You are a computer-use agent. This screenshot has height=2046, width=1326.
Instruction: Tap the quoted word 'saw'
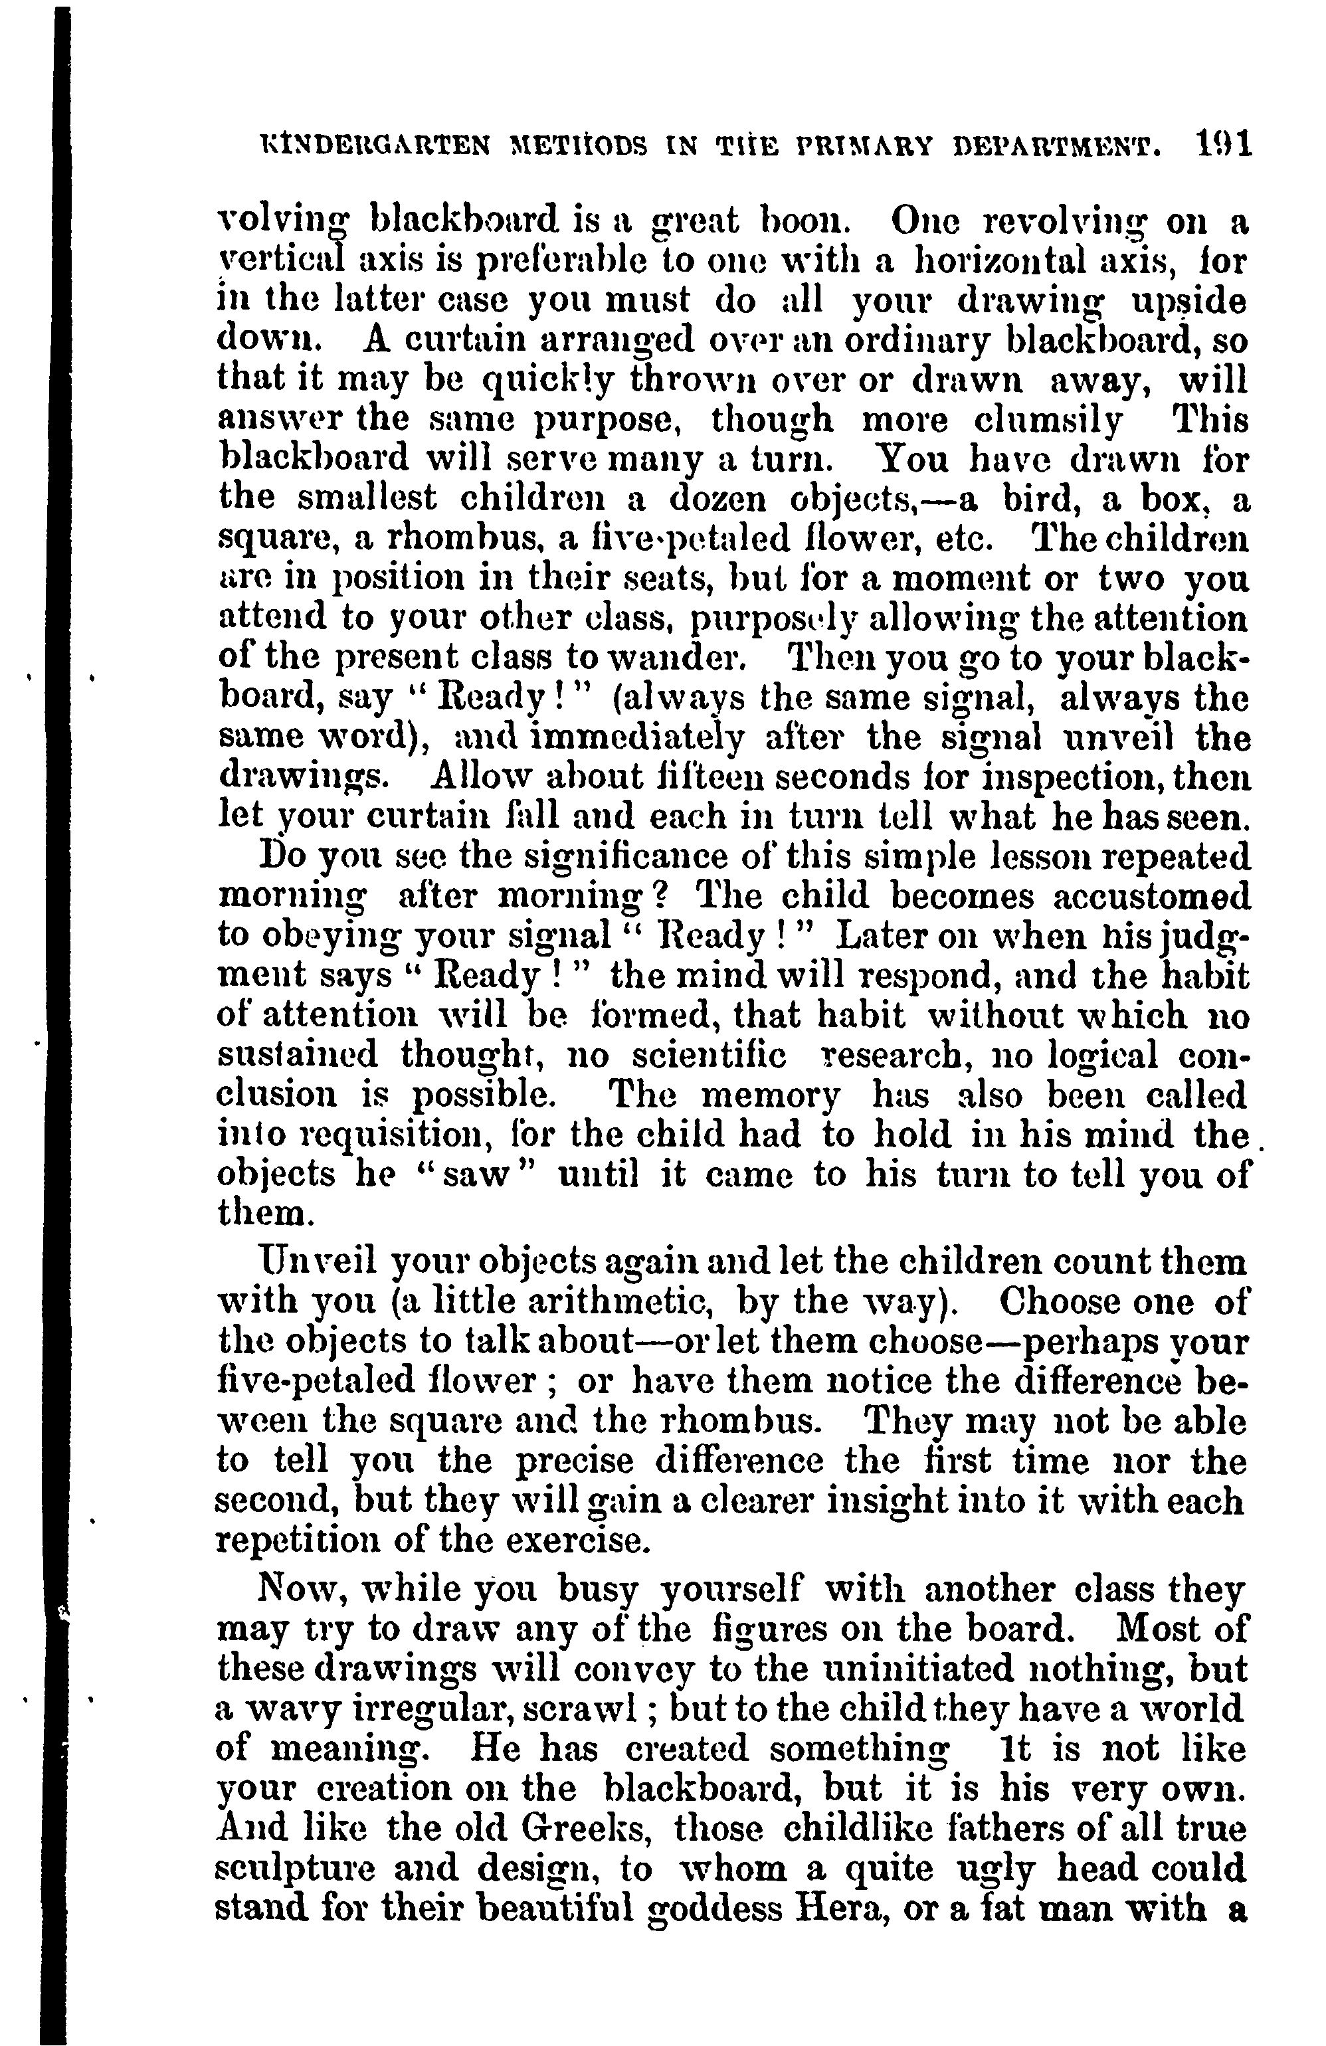[x=476, y=1176]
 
